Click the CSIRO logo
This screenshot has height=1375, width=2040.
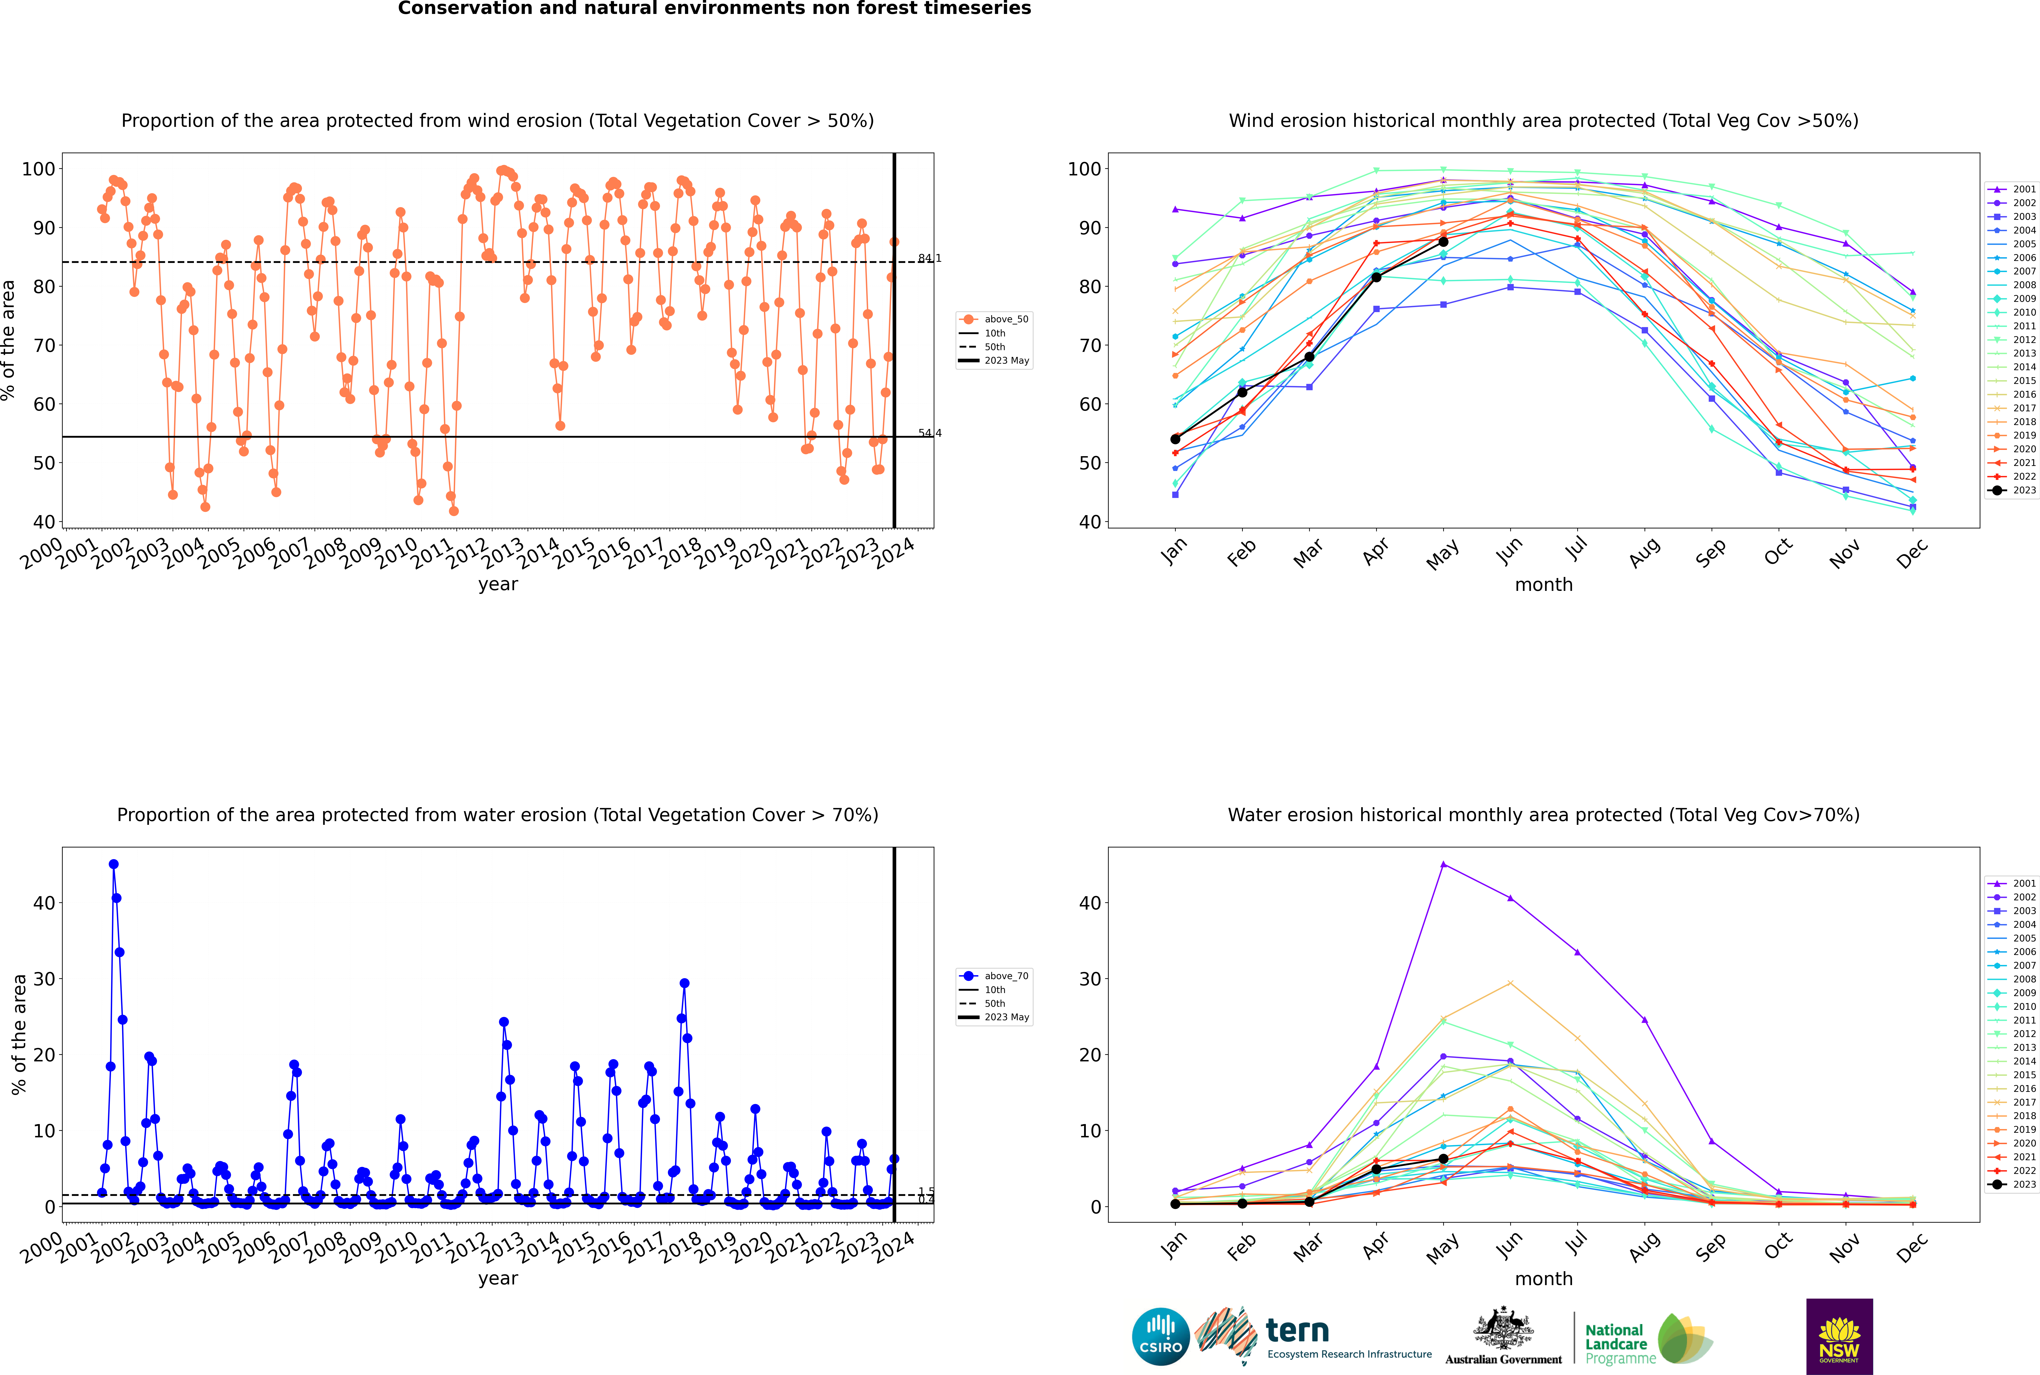tap(1160, 1336)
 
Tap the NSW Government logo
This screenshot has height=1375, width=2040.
tap(1839, 1336)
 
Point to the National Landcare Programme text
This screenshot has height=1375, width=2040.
tap(1616, 1343)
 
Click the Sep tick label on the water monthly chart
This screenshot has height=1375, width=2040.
tap(1710, 1245)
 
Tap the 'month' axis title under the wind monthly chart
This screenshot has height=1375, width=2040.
tap(1544, 585)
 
